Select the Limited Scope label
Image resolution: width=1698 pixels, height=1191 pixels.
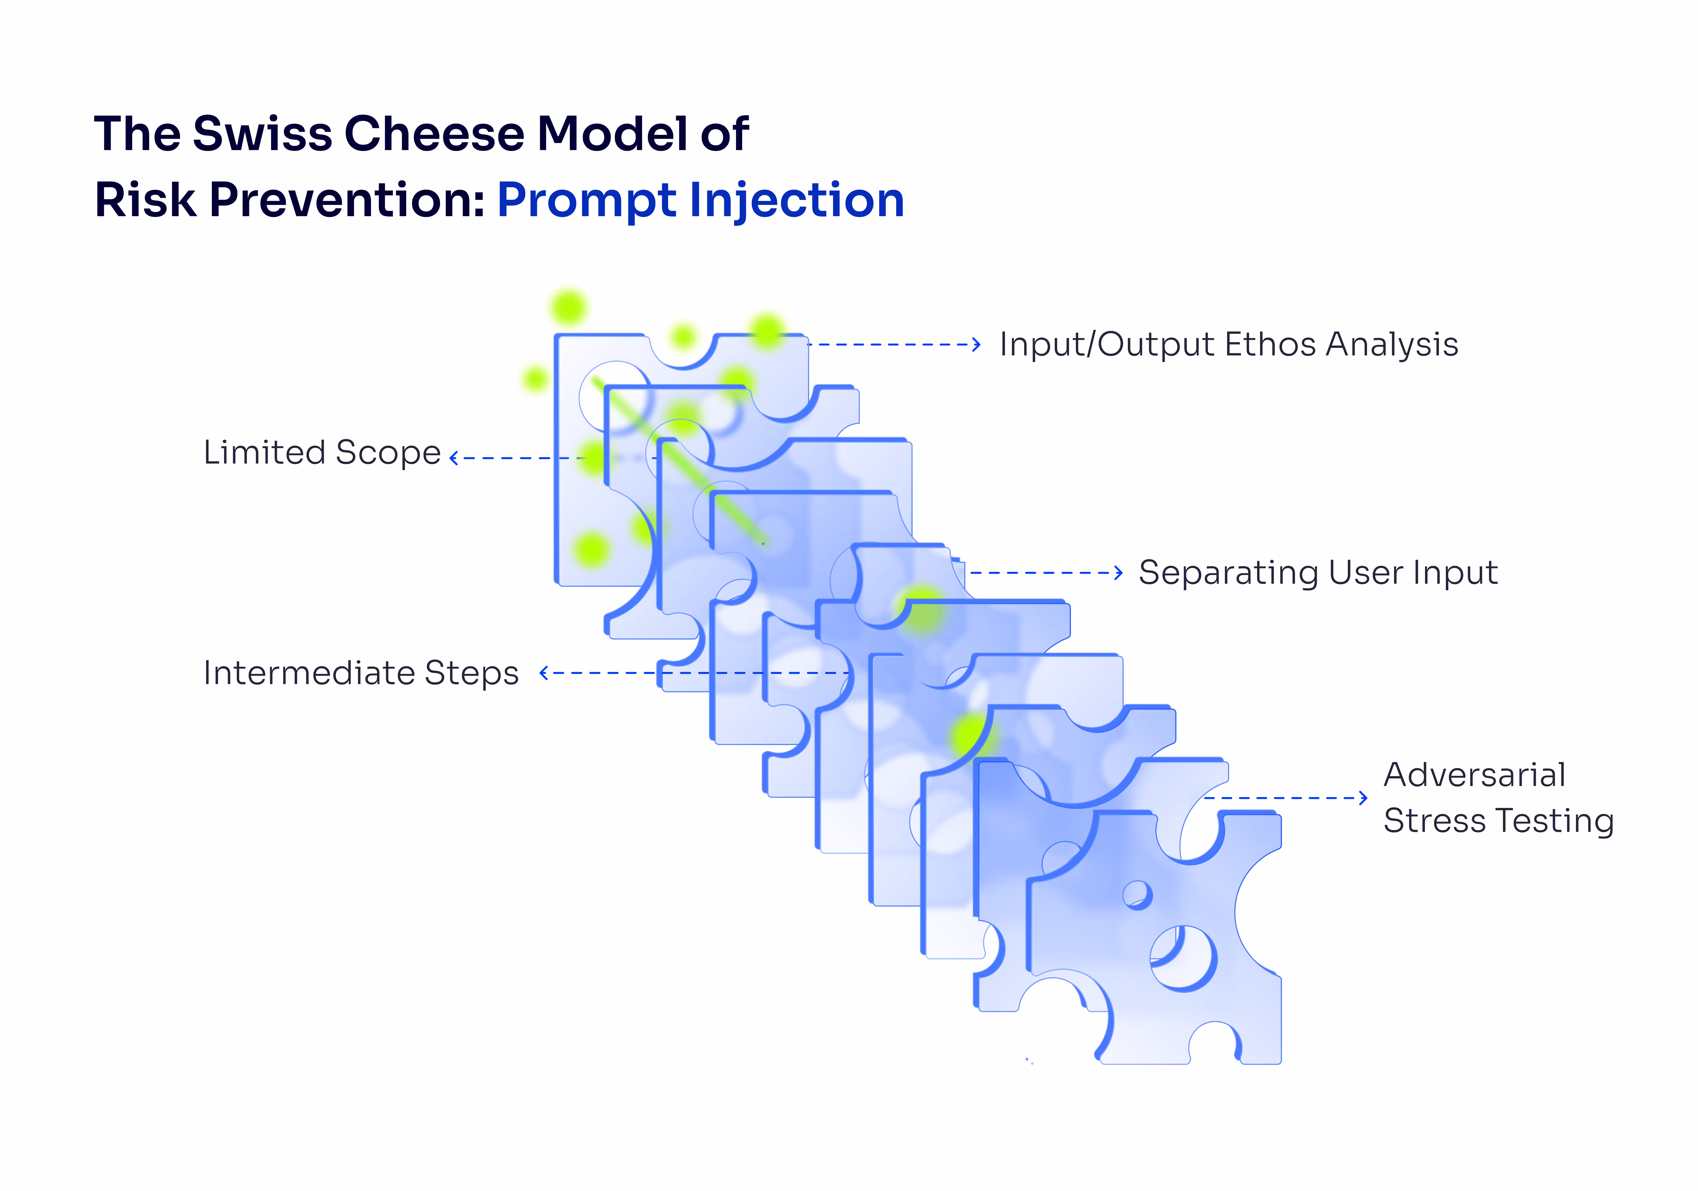pos(322,452)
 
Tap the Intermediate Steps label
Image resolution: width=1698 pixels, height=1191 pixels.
pos(361,673)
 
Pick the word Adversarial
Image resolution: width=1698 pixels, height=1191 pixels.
pos(1474,775)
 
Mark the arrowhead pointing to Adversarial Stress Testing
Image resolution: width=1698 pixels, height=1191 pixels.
pos(1363,798)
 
